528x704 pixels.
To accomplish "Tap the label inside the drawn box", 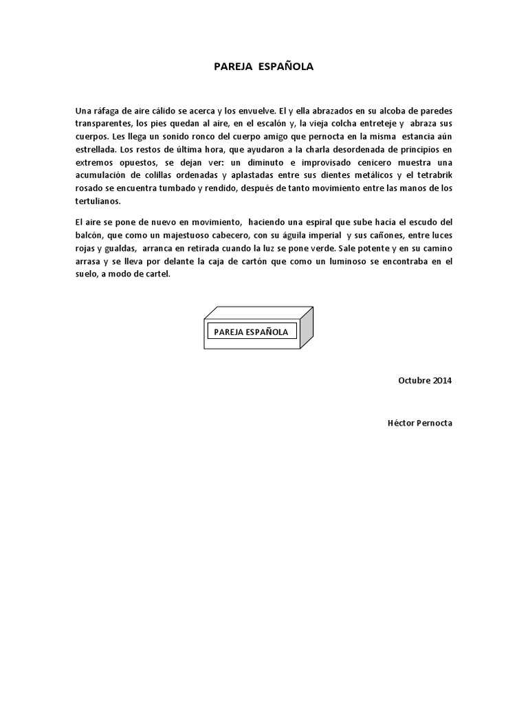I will (251, 332).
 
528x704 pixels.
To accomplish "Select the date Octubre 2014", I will (425, 380).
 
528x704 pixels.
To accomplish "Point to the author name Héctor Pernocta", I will (420, 423).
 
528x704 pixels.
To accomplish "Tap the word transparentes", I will (102, 124).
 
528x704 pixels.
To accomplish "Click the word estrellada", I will (96, 149).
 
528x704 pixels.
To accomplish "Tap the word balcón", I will (89, 235).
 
